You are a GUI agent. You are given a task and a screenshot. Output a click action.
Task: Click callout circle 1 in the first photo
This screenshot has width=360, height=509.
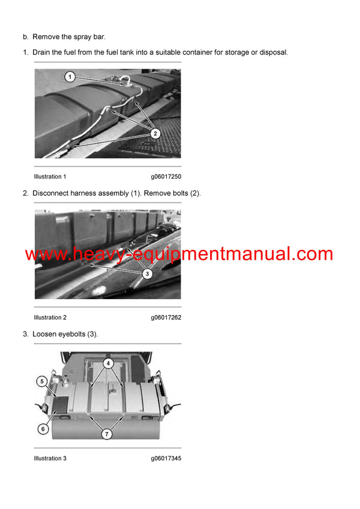tap(70, 77)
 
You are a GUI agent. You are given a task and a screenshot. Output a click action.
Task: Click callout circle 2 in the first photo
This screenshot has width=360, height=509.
tap(155, 133)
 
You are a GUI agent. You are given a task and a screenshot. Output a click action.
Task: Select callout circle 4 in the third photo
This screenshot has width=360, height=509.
tap(108, 363)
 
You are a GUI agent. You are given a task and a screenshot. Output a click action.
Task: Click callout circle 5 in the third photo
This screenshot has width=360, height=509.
tap(42, 381)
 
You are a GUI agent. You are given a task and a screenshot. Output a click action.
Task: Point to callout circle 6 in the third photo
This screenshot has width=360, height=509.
tap(43, 429)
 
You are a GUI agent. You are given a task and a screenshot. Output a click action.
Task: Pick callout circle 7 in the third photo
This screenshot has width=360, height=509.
tap(107, 434)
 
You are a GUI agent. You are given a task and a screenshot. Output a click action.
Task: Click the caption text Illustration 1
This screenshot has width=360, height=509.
tap(50, 177)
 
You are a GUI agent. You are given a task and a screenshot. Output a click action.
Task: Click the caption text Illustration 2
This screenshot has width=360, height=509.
tap(50, 318)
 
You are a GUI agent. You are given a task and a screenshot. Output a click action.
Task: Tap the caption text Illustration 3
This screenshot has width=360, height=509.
tap(50, 459)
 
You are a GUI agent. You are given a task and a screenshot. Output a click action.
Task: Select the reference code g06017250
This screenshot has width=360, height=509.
tap(166, 177)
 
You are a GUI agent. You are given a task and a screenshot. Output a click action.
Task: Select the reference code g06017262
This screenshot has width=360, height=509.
tap(166, 318)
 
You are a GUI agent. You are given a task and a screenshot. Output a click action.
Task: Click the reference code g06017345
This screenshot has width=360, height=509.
tap(166, 459)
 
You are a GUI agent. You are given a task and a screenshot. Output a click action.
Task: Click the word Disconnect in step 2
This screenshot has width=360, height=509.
tap(54, 193)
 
